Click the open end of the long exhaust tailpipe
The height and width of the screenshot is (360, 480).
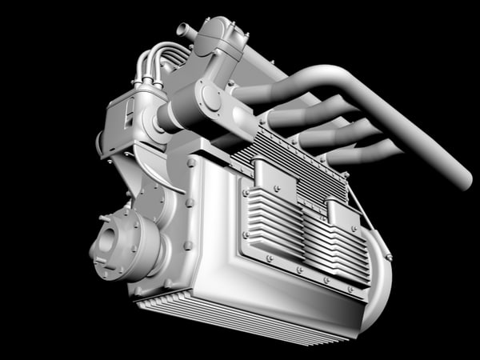coord(462,178)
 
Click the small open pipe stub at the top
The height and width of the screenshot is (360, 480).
coord(185,32)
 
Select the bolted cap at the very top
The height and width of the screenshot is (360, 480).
coord(222,36)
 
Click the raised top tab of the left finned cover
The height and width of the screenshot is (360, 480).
coord(263,169)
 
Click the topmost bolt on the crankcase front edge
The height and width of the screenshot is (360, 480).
coord(191,162)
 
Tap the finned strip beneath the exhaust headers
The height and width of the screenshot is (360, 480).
coord(296,164)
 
